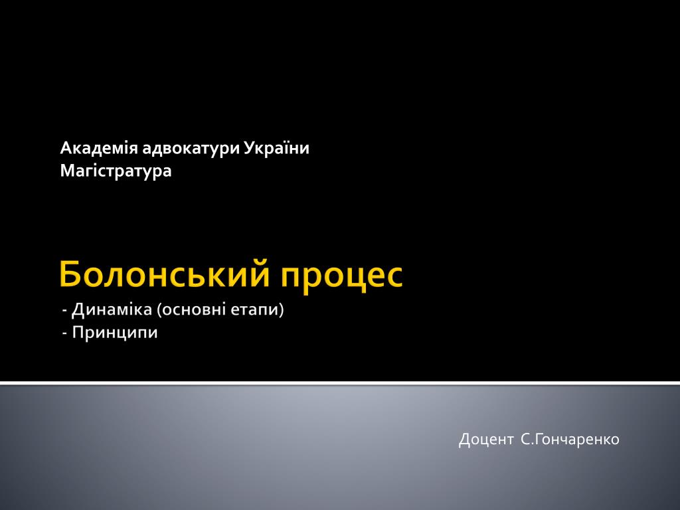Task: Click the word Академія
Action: coord(99,148)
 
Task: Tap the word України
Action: coord(276,148)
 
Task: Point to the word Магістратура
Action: coord(116,171)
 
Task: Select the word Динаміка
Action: coord(112,310)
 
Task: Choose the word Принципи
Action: coord(115,333)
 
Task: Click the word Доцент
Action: coord(485,440)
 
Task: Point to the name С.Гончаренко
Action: coord(570,440)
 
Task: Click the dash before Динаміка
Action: coord(65,311)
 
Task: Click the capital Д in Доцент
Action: coord(465,440)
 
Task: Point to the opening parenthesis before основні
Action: coord(159,311)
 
